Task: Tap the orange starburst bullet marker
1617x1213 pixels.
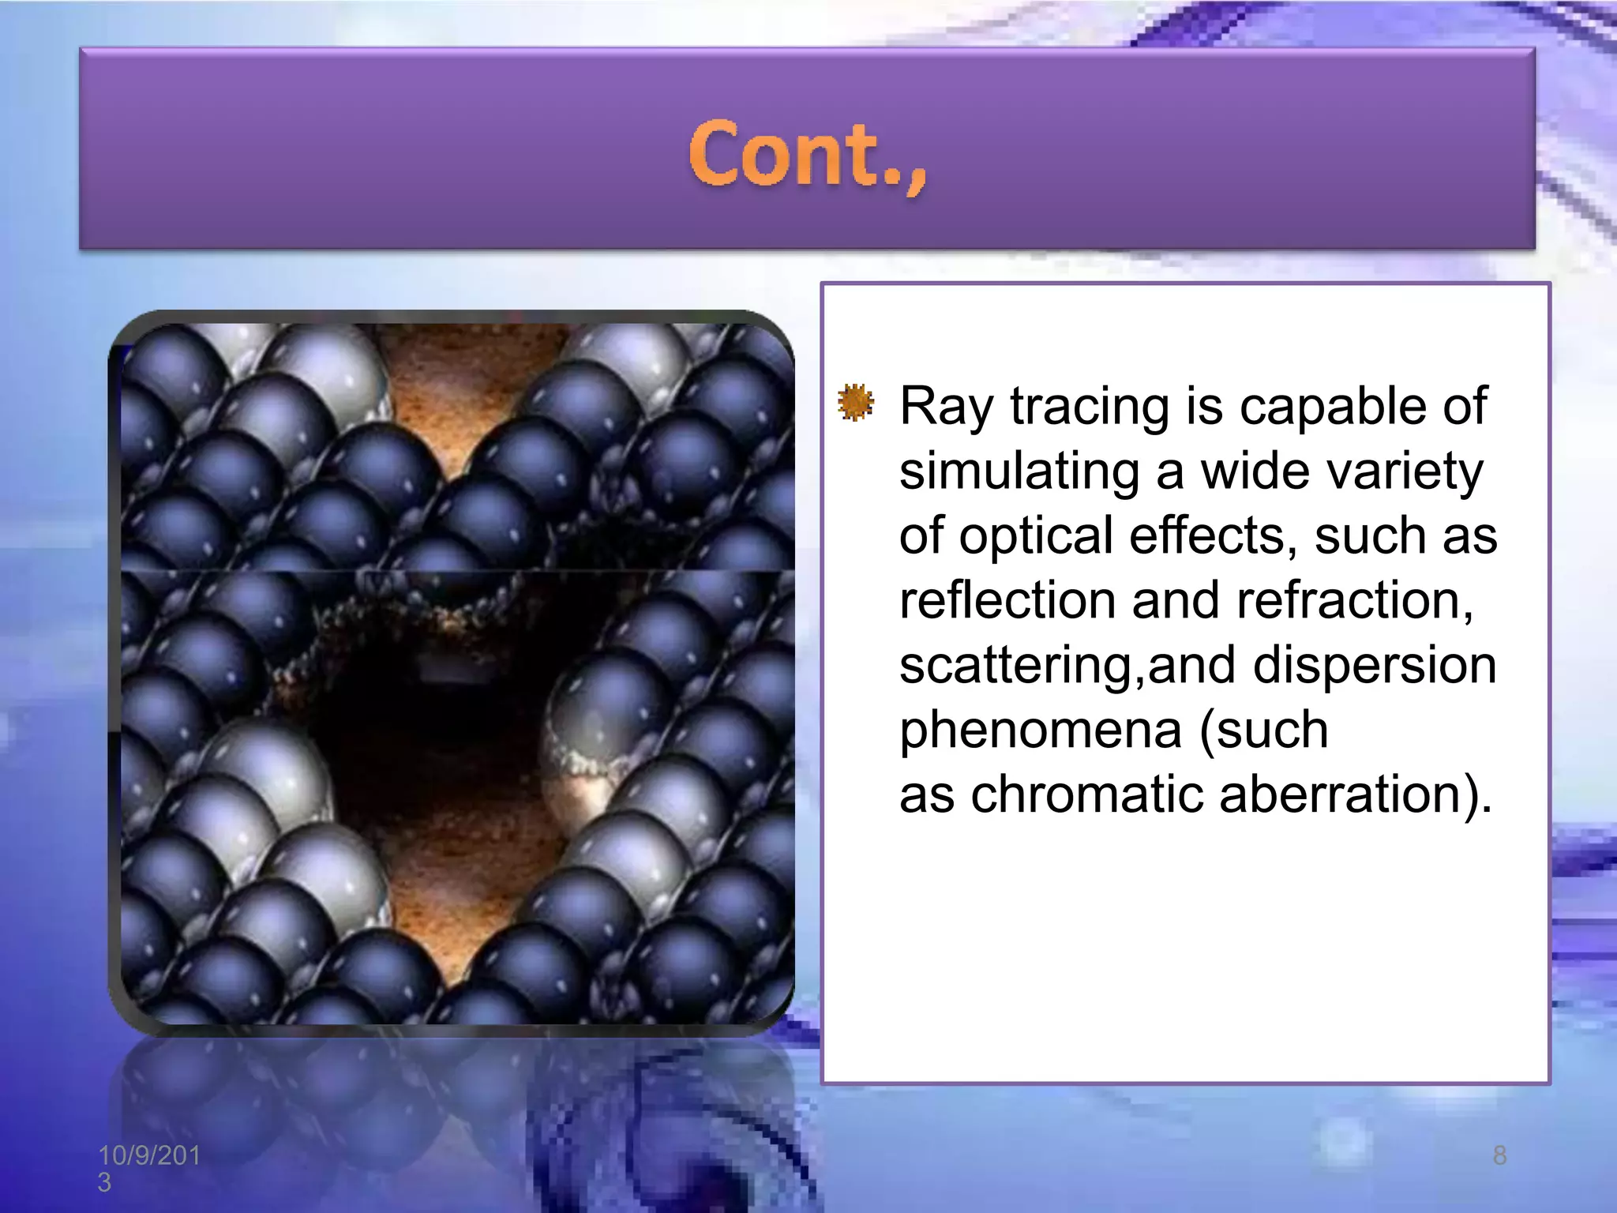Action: [856, 403]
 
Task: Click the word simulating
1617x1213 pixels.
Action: [1019, 472]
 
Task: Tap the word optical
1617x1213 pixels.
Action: [1035, 537]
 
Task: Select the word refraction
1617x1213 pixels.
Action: [1354, 601]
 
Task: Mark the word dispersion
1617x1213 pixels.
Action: [1375, 666]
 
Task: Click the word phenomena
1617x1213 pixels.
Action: [1041, 730]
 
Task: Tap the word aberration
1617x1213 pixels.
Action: [1355, 794]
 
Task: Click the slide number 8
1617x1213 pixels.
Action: [1499, 1156]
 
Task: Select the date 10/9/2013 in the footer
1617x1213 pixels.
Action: [148, 1168]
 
